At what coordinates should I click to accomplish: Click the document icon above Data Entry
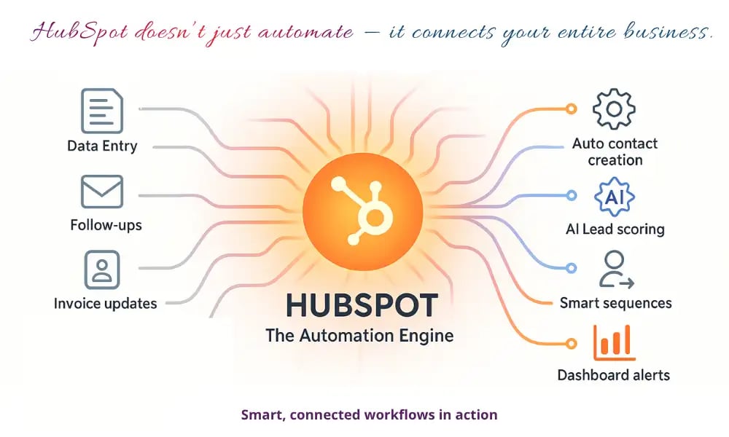coord(102,111)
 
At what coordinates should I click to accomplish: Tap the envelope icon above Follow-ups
coord(102,191)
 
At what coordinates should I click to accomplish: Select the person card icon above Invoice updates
coord(102,269)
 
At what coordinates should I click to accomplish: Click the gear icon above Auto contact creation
coord(614,109)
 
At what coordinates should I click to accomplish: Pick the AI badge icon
coord(614,196)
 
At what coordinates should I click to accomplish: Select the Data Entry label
coord(102,146)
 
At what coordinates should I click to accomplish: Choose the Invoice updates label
coord(105,303)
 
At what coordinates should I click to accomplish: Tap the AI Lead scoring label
coord(615,229)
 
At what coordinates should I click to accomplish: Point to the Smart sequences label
coord(615,303)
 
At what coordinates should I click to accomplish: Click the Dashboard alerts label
coord(614,376)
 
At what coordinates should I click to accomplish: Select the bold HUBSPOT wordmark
coord(362,305)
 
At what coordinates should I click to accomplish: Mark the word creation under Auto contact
coord(615,160)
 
